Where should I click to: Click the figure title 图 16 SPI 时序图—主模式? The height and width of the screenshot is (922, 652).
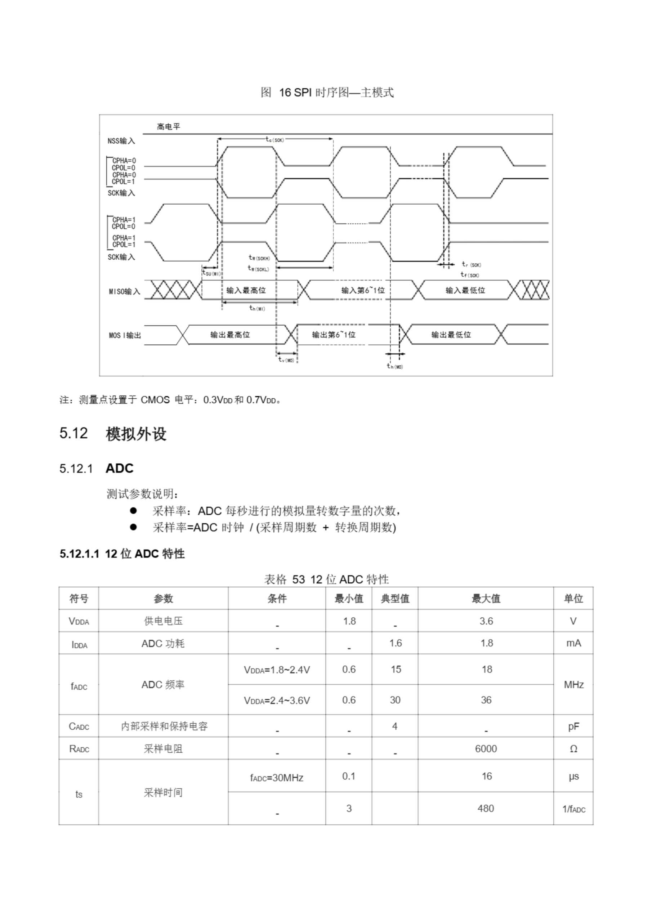pos(327,92)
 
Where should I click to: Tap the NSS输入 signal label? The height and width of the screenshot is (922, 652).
pos(121,141)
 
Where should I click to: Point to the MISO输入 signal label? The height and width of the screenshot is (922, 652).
pos(125,291)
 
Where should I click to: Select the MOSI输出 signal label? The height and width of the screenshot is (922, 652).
pos(125,335)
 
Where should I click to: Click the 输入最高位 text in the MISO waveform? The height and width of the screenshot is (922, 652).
pos(246,290)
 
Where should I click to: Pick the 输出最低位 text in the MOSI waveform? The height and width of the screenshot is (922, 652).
pos(451,335)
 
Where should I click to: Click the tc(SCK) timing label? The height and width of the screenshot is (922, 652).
pos(275,139)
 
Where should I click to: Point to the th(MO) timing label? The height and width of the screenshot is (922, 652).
pos(394,366)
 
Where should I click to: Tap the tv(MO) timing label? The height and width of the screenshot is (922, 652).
pos(286,359)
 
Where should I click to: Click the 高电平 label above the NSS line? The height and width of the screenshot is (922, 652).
pos(168,127)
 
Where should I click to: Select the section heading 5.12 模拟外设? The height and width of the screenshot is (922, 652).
pos(113,434)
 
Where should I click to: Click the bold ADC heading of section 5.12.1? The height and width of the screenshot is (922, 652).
pos(119,468)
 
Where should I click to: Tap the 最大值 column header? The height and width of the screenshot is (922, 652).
pos(486,598)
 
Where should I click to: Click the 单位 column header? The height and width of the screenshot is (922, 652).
pos(573,598)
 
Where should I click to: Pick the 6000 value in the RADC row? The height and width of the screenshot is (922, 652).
pos(486,748)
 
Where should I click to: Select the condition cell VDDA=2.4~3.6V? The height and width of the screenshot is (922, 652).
pos(277,701)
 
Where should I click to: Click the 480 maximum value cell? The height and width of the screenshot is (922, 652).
pos(486,808)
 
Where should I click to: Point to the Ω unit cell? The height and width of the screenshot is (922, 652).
pos(573,748)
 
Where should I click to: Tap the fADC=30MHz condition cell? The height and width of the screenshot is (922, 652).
pos(277,778)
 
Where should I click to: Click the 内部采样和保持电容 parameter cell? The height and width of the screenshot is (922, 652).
pos(164,726)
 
